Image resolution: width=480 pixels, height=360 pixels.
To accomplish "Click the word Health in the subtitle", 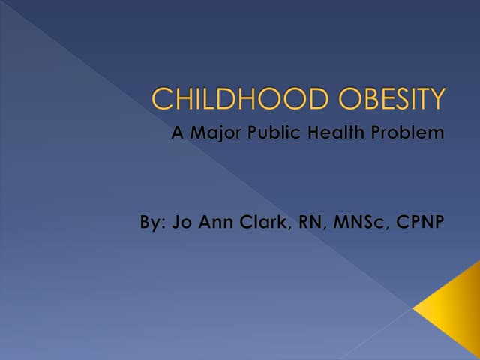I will (331, 133).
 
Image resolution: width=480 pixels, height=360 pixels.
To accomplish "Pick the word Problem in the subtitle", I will (406, 133).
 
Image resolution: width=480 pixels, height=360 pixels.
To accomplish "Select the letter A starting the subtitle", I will (178, 133).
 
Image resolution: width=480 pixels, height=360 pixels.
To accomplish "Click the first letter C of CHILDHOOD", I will (160, 99).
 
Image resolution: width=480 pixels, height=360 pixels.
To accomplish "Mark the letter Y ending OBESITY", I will (436, 99).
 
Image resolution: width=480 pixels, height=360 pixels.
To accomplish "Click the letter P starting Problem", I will (374, 133).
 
